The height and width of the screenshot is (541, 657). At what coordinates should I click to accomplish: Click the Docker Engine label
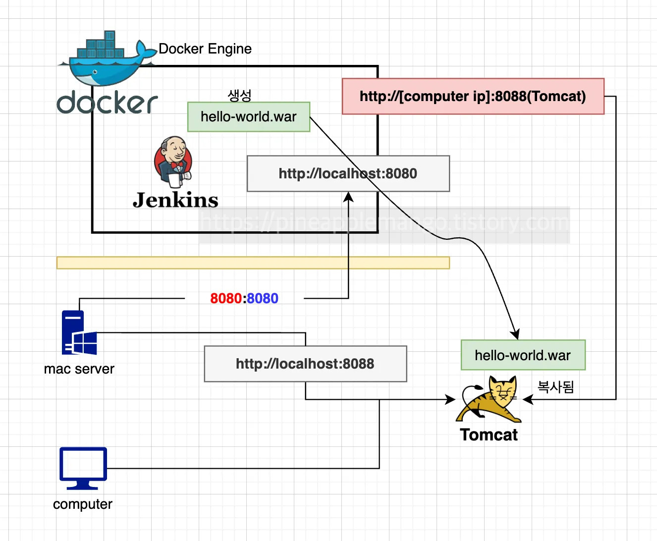click(x=205, y=49)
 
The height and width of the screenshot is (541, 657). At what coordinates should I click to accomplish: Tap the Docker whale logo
click(x=108, y=58)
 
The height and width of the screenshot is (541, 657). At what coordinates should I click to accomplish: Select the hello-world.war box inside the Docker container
click(x=249, y=117)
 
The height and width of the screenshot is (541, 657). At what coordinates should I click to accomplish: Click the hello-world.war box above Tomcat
click(x=523, y=355)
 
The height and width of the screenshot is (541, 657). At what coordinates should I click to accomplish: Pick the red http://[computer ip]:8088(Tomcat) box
click(x=473, y=96)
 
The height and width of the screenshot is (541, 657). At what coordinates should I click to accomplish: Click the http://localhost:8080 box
click(x=348, y=173)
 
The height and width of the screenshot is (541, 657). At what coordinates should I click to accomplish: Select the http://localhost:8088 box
click(x=305, y=364)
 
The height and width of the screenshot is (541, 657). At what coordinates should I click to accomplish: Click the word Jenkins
click(x=175, y=200)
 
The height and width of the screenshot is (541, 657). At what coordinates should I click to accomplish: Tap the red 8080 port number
click(x=226, y=298)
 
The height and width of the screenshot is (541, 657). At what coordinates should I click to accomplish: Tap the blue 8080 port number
click(x=263, y=298)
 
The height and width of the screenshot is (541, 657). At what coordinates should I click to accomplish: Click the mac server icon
click(x=79, y=332)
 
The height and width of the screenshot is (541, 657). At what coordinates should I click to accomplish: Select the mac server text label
click(x=79, y=369)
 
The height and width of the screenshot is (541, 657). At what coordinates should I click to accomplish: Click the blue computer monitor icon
click(x=83, y=468)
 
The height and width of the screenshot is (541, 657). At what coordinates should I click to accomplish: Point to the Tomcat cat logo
click(x=489, y=399)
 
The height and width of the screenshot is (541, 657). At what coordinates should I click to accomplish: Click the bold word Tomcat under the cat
click(x=489, y=435)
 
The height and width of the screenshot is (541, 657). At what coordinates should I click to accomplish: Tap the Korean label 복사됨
click(x=556, y=387)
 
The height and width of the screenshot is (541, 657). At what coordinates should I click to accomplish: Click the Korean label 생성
click(x=239, y=95)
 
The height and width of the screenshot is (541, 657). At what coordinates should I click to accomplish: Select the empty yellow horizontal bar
click(x=253, y=263)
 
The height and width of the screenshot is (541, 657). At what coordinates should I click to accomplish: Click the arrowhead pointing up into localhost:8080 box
click(x=348, y=197)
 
